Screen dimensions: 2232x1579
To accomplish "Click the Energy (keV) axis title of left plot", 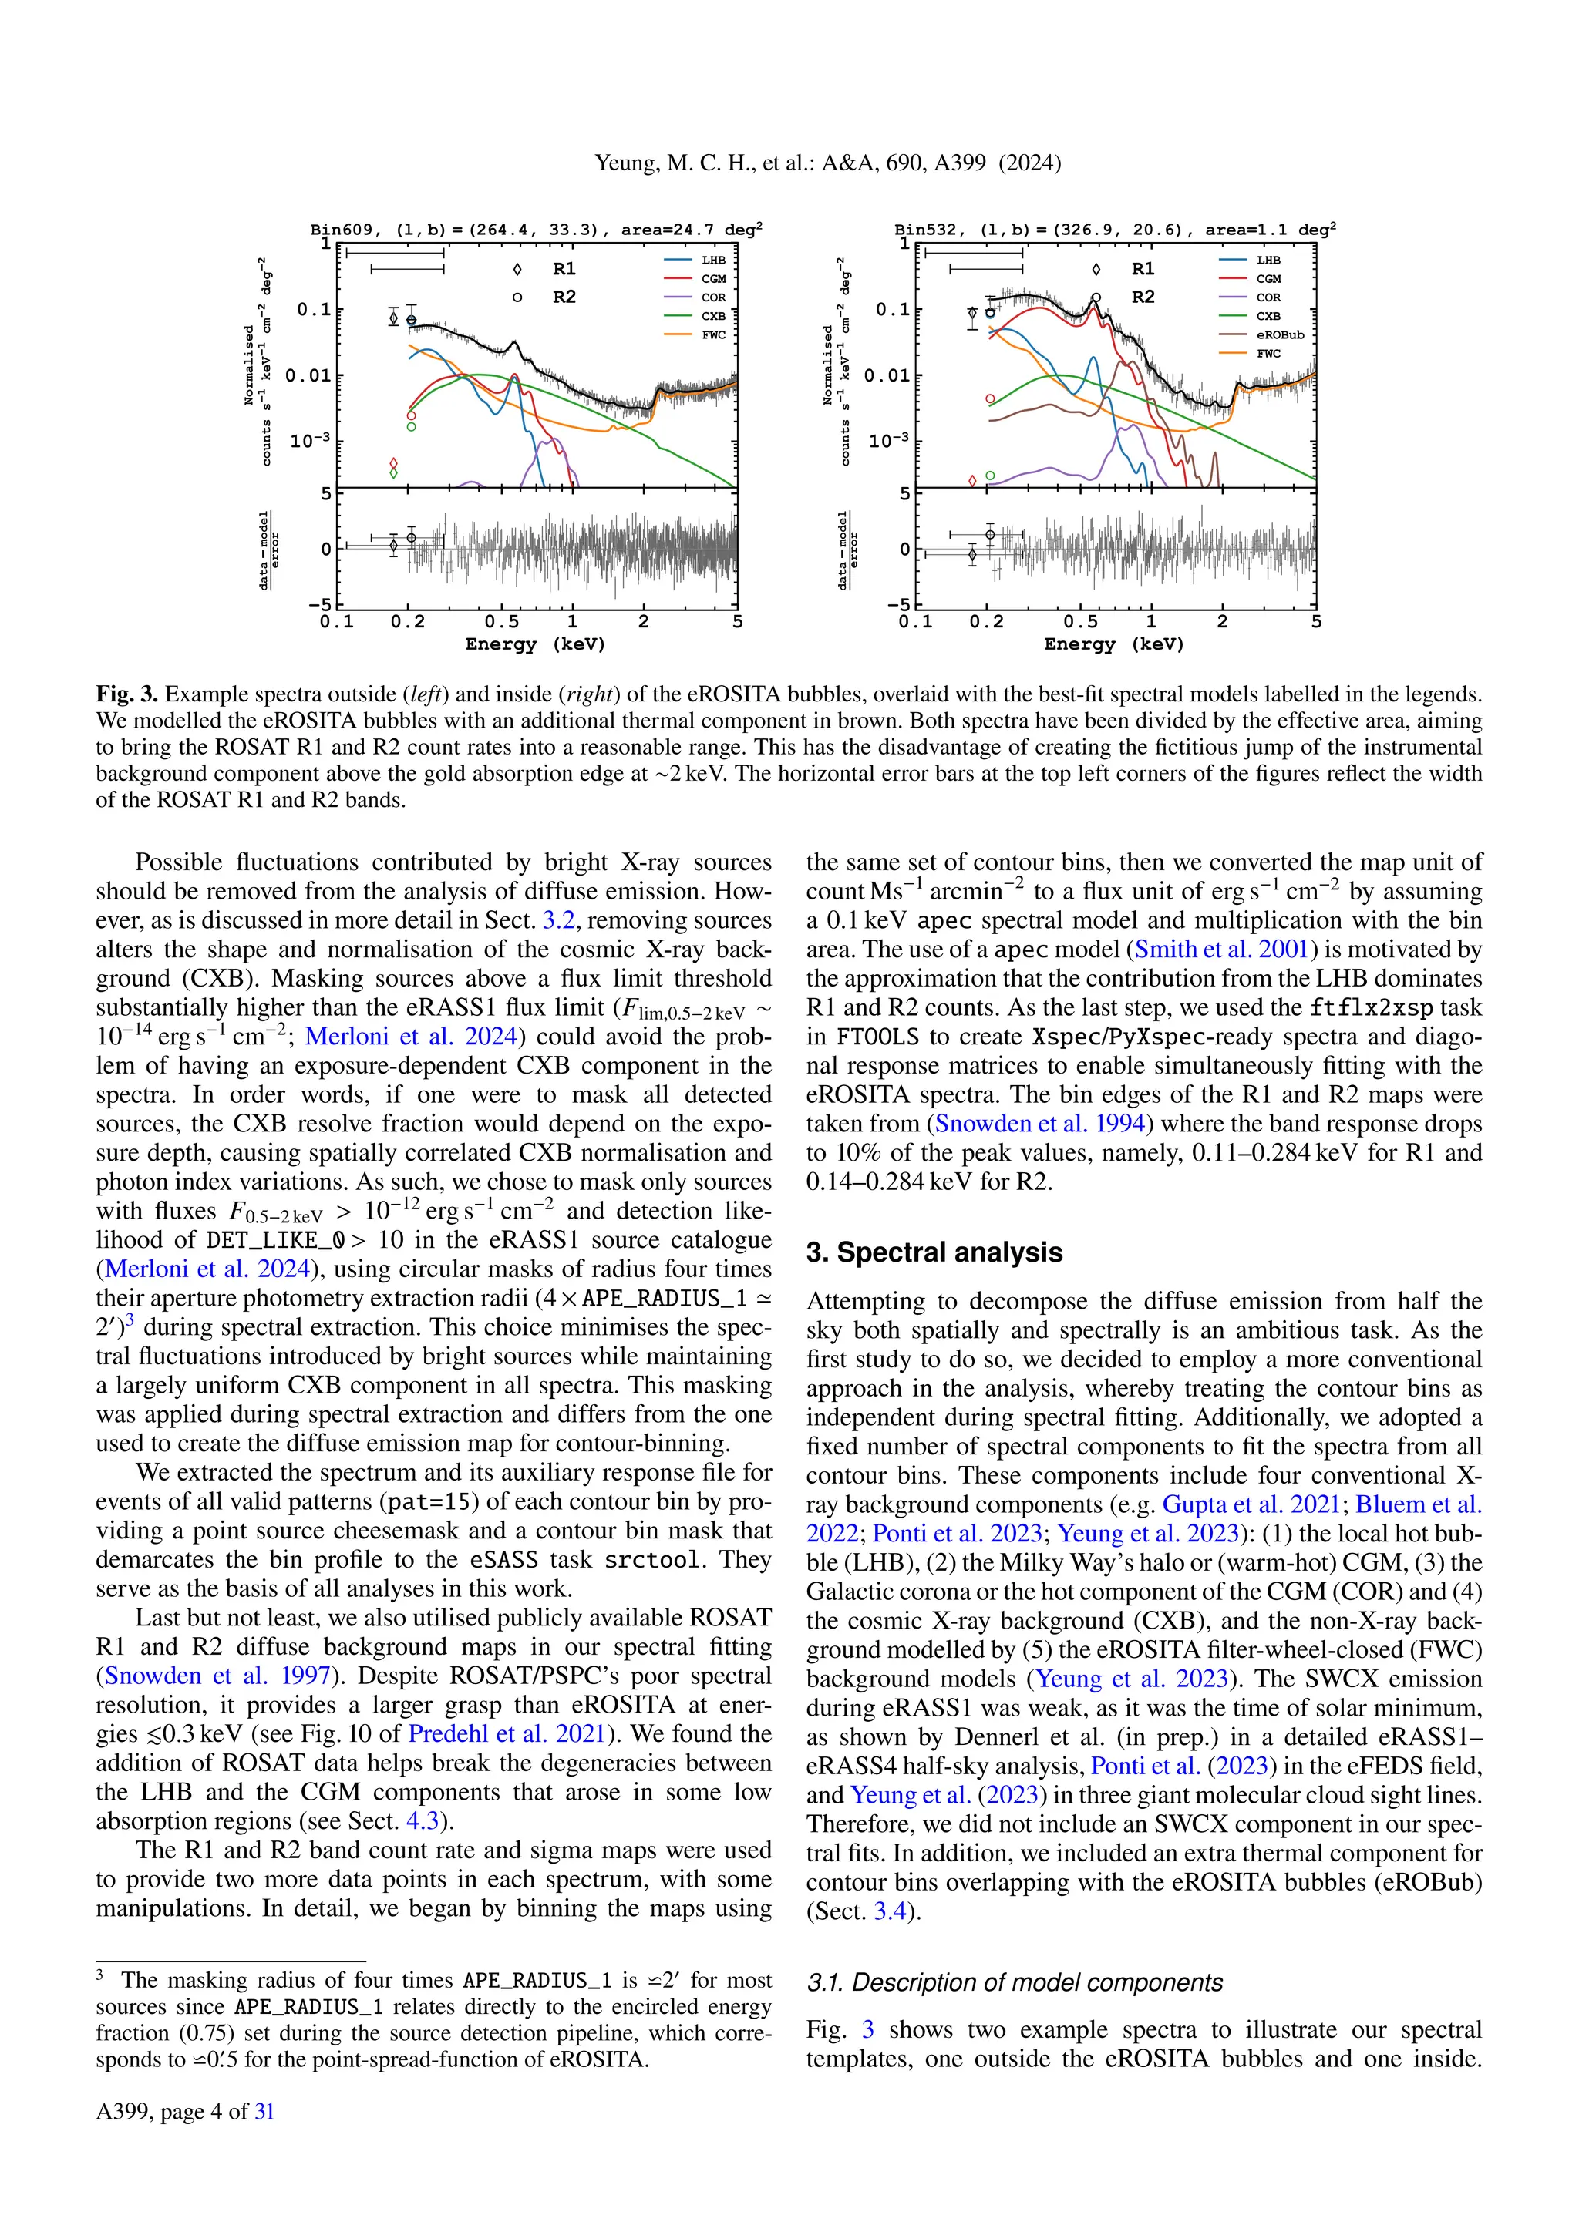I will tap(535, 644).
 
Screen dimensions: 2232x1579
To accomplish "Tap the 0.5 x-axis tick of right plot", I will tap(1080, 622).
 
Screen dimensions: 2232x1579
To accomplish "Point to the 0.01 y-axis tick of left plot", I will tap(308, 375).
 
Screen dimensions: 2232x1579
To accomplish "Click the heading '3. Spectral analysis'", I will tap(934, 1252).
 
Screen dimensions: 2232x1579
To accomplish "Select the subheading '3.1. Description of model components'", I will tap(1014, 1982).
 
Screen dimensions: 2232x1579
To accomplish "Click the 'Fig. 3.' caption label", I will tap(126, 694).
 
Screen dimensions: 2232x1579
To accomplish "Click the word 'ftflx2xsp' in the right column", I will tap(1371, 1007).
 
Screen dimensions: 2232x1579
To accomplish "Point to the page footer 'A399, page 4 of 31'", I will tap(185, 2110).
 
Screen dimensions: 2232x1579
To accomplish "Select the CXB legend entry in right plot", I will tap(1268, 316).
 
